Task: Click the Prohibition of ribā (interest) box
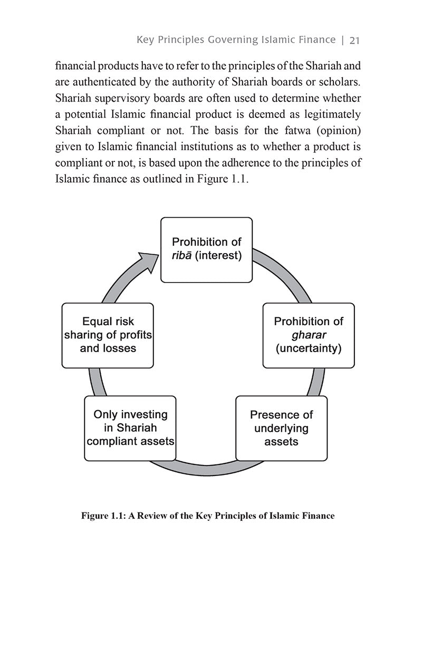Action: [206, 249]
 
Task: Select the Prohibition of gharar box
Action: [309, 335]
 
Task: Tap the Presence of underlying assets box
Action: [281, 428]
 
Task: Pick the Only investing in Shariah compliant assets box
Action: [130, 428]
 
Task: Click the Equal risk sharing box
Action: [108, 335]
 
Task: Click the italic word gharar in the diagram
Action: [309, 335]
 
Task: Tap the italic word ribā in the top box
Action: [182, 256]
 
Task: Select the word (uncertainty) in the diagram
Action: [309, 348]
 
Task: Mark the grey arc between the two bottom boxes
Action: [206, 467]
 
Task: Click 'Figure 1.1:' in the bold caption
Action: [103, 516]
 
